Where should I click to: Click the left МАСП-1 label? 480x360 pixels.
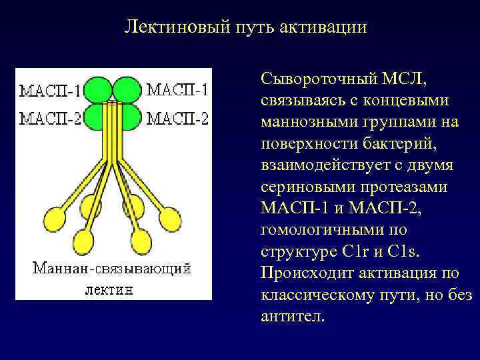point(51,90)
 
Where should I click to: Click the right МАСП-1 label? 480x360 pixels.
point(177,90)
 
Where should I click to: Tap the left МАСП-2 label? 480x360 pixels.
point(51,119)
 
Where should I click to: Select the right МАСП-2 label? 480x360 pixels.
point(177,119)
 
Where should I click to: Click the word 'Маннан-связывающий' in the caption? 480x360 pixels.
point(112,269)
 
